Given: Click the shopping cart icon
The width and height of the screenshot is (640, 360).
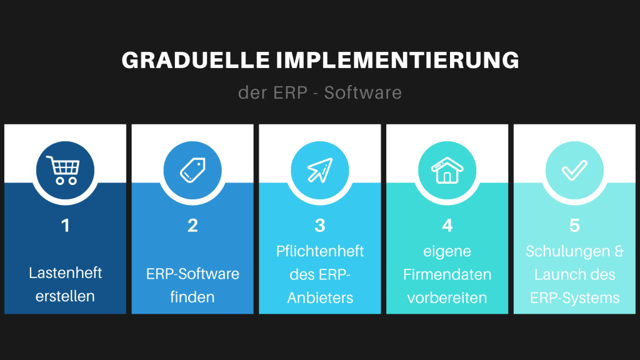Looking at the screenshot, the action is click(63, 170).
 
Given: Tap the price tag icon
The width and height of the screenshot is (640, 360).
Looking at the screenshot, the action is click(192, 170).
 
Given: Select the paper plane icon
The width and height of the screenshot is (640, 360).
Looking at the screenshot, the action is click(320, 170).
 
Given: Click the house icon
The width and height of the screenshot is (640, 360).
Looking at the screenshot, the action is click(447, 170).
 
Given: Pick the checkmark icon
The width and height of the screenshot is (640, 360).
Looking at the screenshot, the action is click(575, 170).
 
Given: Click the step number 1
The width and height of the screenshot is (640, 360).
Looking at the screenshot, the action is click(65, 226).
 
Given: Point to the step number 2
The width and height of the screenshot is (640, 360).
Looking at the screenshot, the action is click(192, 226).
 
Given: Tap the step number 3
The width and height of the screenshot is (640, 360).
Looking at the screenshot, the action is click(320, 226).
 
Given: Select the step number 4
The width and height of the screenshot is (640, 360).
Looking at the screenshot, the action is click(447, 226).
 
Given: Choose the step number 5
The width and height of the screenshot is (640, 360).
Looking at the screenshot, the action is click(575, 226).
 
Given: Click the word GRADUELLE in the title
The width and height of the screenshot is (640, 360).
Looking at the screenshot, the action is click(196, 61).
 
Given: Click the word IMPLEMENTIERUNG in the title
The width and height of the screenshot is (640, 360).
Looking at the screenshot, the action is click(397, 61).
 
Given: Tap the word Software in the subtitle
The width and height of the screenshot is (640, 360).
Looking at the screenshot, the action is click(363, 92).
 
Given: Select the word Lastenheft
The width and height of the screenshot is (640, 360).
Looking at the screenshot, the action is click(65, 273).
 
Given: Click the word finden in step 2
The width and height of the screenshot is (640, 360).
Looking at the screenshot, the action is click(192, 297).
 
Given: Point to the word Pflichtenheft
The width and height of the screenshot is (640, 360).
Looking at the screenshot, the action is click(320, 251).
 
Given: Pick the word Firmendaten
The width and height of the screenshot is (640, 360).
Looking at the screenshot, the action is click(447, 275).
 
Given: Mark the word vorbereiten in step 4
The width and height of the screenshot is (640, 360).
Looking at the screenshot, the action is click(447, 298).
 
